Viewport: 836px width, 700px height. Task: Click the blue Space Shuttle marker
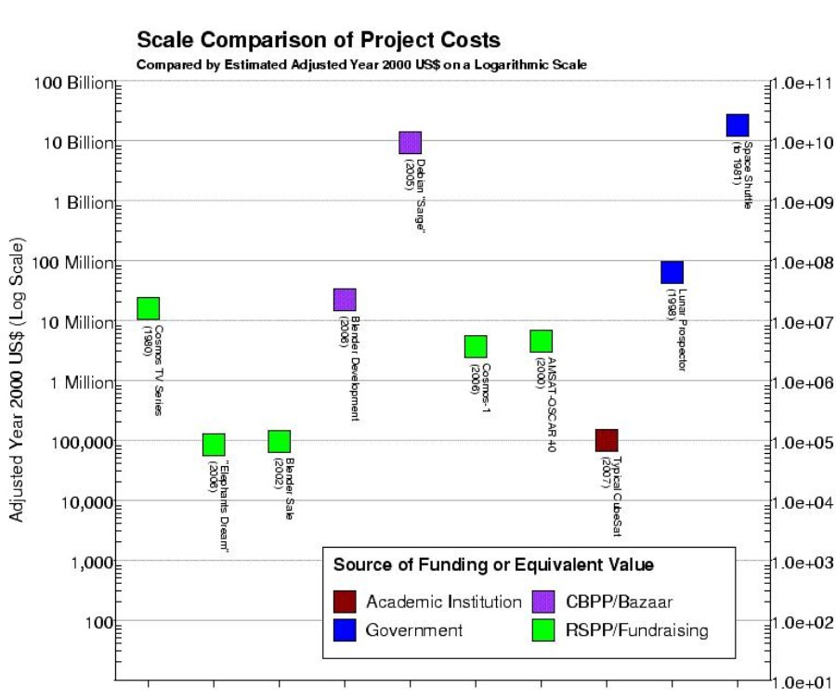point(738,125)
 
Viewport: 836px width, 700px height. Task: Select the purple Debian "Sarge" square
point(410,143)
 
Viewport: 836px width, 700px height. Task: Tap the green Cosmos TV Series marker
point(149,308)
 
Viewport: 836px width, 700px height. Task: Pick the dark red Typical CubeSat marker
point(607,440)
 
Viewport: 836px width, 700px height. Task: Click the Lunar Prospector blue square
point(672,272)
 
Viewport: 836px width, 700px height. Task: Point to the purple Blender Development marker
point(345,300)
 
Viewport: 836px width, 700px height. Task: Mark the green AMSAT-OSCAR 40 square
point(542,341)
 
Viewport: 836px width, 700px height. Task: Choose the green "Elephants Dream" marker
point(214,445)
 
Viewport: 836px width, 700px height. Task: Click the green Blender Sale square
point(280,441)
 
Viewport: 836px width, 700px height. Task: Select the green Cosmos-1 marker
point(476,347)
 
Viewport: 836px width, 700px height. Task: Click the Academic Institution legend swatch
point(345,602)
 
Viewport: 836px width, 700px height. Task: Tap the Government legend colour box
point(345,629)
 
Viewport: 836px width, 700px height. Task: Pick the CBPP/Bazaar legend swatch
point(543,602)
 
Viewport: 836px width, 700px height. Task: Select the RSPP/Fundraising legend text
point(636,630)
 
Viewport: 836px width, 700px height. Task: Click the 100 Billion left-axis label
point(74,84)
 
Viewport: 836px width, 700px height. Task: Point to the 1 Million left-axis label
point(82,382)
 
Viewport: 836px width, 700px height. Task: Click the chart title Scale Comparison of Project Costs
point(319,40)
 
